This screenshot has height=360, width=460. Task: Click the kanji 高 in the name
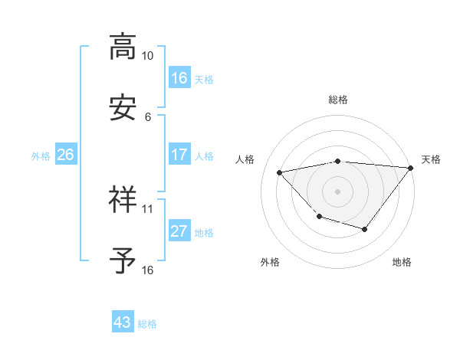123,47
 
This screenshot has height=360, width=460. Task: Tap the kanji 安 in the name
123,108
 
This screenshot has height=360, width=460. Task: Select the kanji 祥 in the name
123,200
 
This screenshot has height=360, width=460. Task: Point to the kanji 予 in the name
123,261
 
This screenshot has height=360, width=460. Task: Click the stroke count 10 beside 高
147,56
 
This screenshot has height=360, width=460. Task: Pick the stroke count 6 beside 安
148,117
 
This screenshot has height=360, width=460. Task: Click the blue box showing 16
179,78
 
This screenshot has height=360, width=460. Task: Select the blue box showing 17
179,155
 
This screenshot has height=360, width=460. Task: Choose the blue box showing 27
179,231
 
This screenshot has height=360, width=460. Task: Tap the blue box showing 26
65,155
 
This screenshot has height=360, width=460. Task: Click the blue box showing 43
123,322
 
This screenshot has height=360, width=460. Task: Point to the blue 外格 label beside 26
41,155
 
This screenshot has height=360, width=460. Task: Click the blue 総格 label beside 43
147,324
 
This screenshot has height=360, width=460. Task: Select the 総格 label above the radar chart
337,100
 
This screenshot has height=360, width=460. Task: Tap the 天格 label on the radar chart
431,159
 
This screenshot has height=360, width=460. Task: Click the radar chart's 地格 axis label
402,262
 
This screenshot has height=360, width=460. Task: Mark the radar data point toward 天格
411,167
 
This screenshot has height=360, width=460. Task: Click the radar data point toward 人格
279,172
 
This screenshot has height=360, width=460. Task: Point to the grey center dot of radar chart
337,191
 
